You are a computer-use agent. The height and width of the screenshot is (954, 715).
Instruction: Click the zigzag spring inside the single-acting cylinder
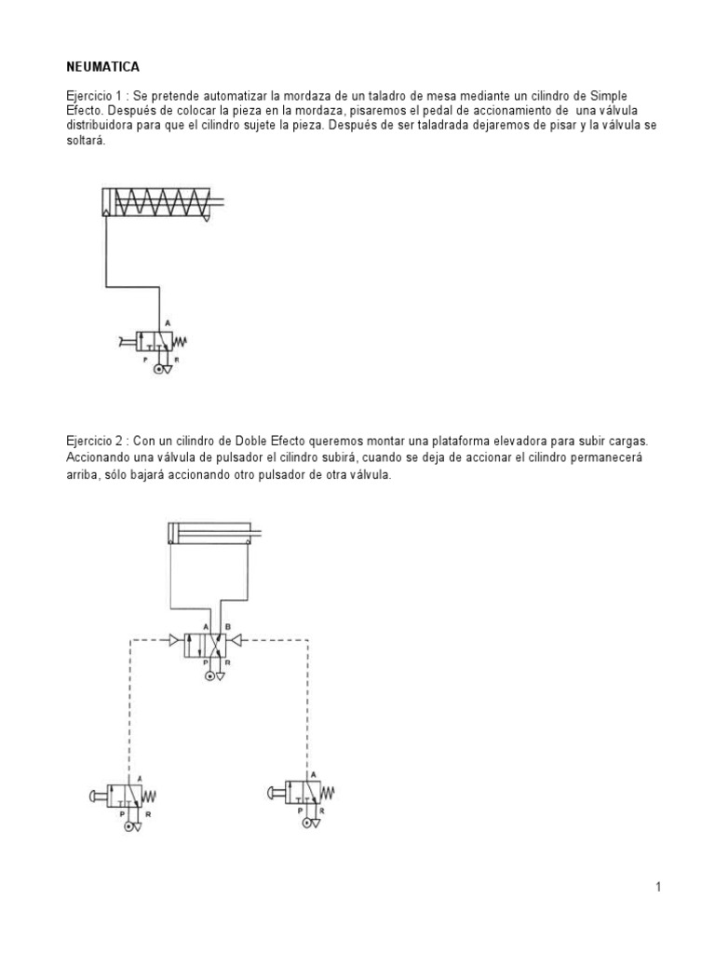point(164,202)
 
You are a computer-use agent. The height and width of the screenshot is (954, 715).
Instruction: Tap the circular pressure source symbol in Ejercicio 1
point(158,370)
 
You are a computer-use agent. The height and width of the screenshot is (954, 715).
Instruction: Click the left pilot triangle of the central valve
point(176,640)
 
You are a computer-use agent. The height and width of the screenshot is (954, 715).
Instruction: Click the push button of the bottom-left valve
point(94,795)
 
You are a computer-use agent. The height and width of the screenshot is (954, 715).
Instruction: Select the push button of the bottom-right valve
point(275,793)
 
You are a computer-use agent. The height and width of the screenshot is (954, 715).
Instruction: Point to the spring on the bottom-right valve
point(329,793)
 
